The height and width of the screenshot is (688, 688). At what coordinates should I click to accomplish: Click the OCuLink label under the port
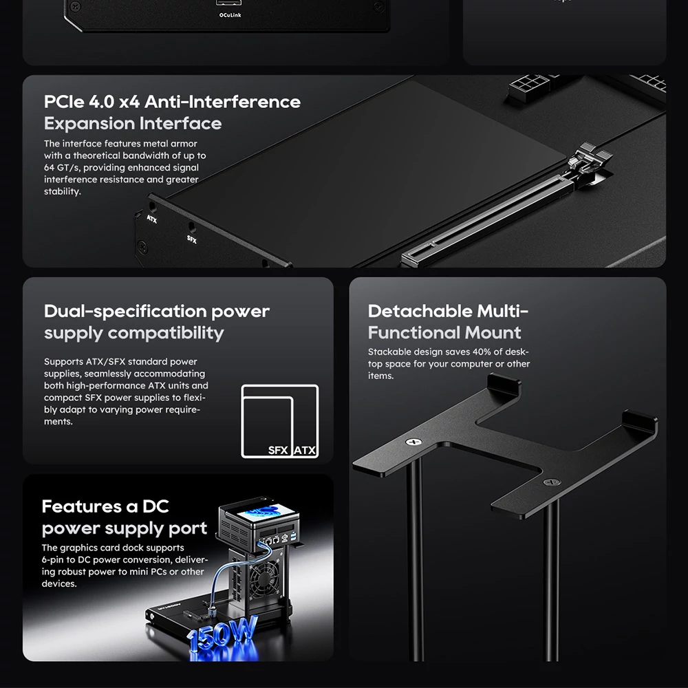pos(230,15)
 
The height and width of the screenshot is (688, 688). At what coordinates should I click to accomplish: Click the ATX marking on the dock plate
pos(152,219)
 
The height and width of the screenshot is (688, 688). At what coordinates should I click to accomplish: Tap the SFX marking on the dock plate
pos(192,239)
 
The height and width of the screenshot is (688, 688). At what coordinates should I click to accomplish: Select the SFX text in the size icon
pos(278,450)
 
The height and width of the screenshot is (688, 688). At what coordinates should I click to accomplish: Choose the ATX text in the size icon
pos(305,450)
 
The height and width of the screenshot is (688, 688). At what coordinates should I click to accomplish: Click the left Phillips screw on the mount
pos(413,442)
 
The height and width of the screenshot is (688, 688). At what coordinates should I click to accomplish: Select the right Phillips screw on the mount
pos(552,482)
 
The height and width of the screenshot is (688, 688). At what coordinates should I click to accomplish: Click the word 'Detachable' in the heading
pos(420,311)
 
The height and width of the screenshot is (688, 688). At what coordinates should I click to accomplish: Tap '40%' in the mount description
pos(482,352)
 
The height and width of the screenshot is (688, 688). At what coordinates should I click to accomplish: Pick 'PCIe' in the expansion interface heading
pos(64,102)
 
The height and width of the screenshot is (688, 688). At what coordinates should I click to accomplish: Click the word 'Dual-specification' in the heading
pos(125,312)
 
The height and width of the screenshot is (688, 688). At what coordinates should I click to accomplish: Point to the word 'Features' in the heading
pos(82,506)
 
